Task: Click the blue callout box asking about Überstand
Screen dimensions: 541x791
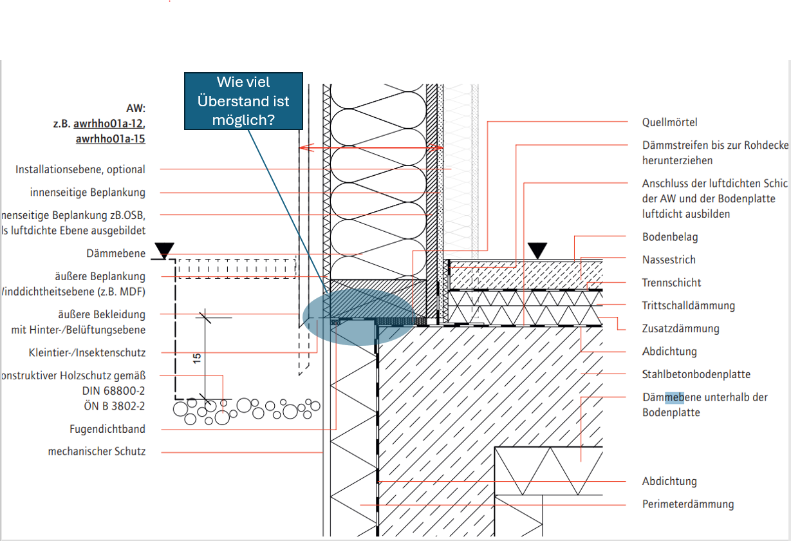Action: tap(243, 101)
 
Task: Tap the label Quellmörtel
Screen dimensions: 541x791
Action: tap(669, 122)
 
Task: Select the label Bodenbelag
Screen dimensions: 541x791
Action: tap(669, 237)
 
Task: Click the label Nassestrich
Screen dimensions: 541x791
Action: tap(669, 260)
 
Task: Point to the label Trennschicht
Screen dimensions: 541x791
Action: tap(671, 283)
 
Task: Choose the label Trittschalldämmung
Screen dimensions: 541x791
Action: tap(688, 306)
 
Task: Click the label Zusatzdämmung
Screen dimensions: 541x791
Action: tap(680, 328)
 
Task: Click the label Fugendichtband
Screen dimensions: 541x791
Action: tap(107, 429)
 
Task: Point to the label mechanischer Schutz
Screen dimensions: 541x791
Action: tap(97, 451)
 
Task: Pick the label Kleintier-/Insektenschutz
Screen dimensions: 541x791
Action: tap(87, 353)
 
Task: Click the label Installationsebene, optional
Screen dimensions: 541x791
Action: tap(80, 169)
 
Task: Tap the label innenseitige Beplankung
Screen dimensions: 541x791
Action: tap(88, 193)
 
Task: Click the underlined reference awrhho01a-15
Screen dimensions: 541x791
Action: tap(110, 138)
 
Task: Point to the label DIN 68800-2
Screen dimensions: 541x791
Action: tap(113, 391)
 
